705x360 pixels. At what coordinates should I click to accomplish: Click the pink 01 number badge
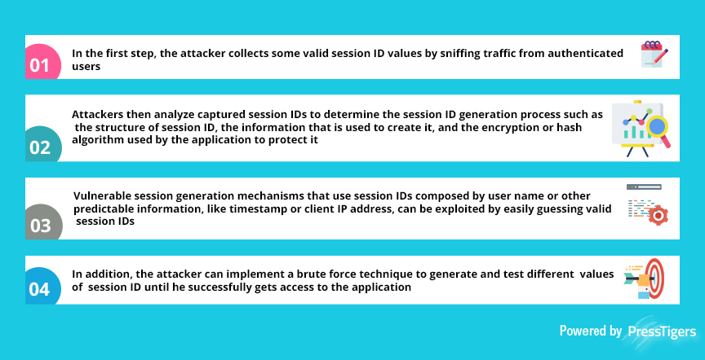(x=42, y=62)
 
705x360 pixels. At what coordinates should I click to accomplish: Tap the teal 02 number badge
(x=43, y=143)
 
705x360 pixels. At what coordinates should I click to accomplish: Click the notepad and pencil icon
(x=654, y=55)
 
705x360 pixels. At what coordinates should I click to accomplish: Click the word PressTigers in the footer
(x=661, y=331)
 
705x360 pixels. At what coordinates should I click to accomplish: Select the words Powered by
(x=590, y=331)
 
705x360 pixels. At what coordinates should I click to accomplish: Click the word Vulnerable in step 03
(x=100, y=196)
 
